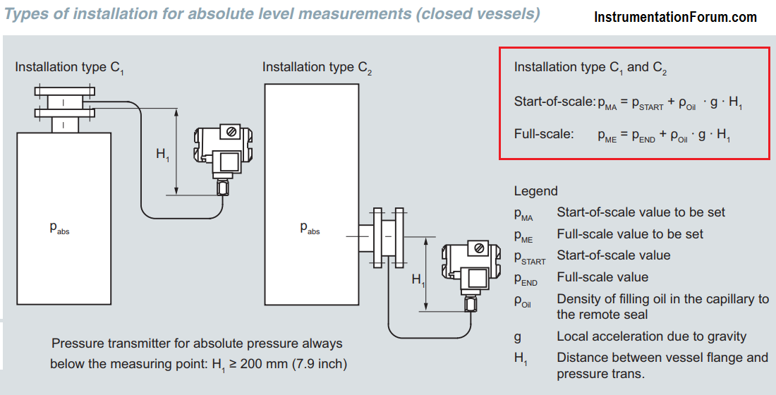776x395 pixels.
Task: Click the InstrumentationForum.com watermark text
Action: click(x=675, y=18)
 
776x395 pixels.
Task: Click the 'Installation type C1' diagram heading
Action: click(x=69, y=68)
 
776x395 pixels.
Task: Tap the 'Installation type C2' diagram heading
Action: click(x=317, y=68)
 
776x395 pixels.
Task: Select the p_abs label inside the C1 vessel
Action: click(x=59, y=228)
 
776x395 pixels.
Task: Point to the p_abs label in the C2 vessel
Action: click(x=310, y=228)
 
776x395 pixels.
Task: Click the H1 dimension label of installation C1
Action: click(x=163, y=155)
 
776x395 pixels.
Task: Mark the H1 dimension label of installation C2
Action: click(x=418, y=281)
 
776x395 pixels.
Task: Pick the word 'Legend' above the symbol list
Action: click(x=535, y=191)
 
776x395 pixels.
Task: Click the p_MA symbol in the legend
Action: click(x=523, y=214)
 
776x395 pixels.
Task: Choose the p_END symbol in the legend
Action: click(x=526, y=279)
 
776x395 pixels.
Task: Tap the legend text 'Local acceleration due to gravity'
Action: click(x=651, y=336)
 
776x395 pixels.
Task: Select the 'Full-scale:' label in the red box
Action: click(x=544, y=134)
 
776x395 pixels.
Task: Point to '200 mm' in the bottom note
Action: click(x=263, y=364)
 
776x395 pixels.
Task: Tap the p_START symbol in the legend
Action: click(x=530, y=257)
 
